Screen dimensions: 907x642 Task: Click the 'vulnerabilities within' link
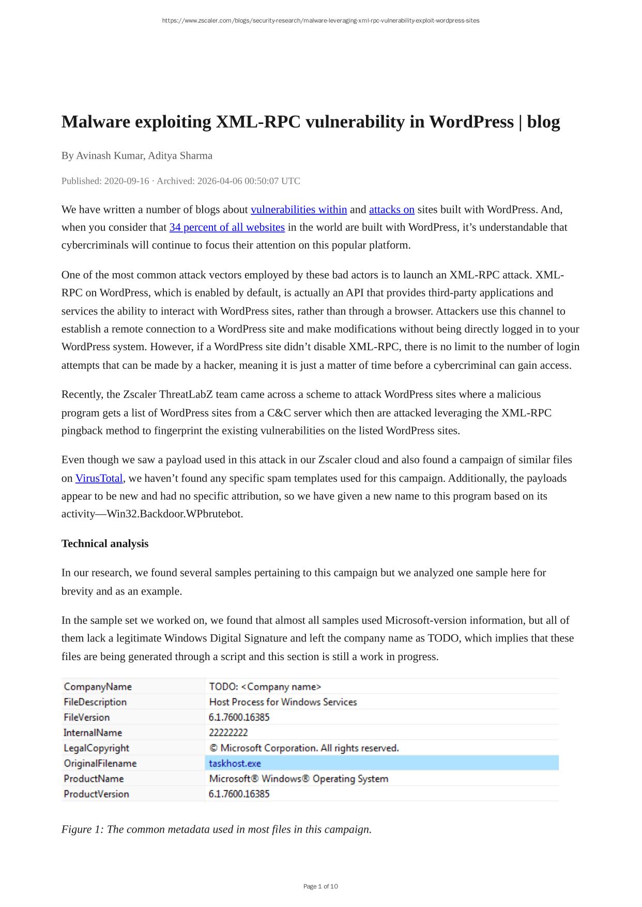point(298,210)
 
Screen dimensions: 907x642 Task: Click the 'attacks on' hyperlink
point(391,210)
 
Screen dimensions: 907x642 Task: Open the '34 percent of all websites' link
point(227,227)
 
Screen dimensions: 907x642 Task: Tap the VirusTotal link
point(99,478)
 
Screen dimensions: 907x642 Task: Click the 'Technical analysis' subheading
point(105,544)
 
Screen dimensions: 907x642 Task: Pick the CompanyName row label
point(98,687)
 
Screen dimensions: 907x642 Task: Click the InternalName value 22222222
point(228,733)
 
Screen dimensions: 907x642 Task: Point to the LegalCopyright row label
point(96,748)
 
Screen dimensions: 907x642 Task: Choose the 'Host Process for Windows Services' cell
point(283,702)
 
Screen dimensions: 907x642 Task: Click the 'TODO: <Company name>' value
point(265,687)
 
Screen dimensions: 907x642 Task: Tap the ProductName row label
point(94,779)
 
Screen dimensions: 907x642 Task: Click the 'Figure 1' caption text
point(217,830)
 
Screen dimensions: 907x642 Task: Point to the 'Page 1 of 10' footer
point(320,886)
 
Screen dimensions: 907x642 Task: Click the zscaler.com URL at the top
point(320,21)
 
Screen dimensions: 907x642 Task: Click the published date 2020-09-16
point(126,181)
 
